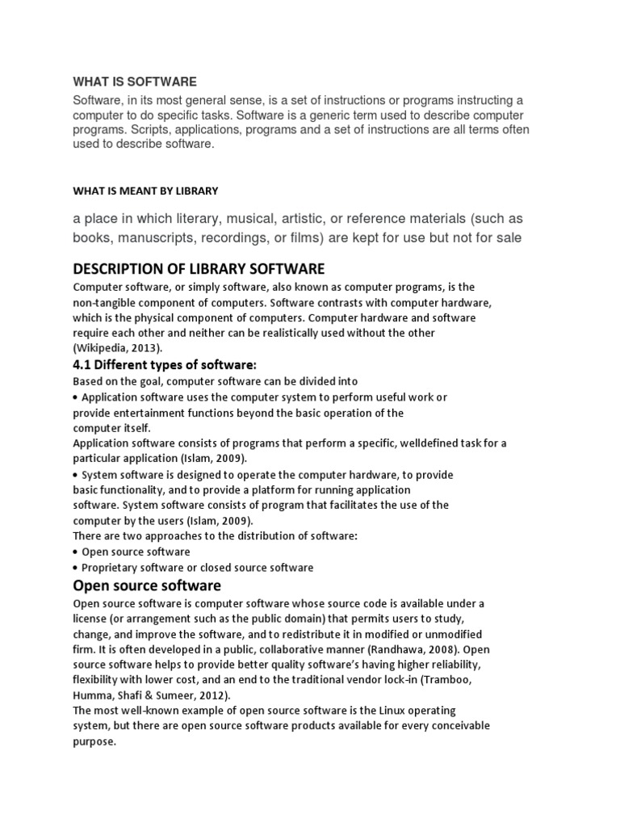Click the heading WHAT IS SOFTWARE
[135, 82]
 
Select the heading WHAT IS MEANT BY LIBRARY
[145, 191]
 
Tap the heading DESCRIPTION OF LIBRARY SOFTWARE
[199, 268]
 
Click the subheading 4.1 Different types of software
[165, 365]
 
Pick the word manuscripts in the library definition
[149, 237]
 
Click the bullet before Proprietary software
[76, 567]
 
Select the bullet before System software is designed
[76, 475]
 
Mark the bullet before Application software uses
[76, 397]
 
